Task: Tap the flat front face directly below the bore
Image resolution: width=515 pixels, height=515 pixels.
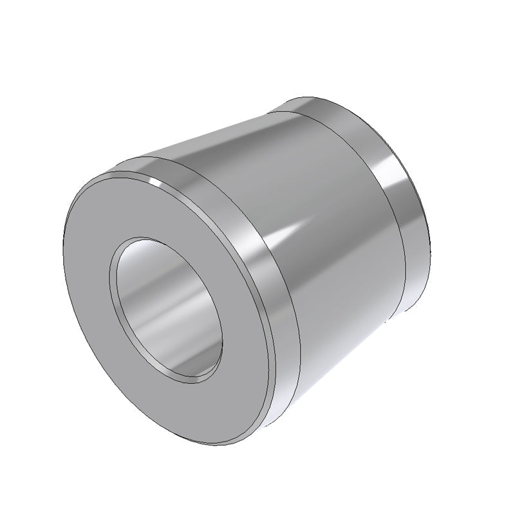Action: (193, 406)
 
